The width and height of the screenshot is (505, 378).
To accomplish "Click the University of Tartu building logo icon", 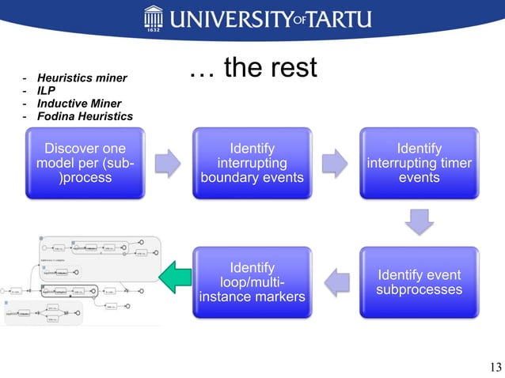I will coord(154,17).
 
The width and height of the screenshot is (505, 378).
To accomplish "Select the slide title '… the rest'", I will coord(252,70).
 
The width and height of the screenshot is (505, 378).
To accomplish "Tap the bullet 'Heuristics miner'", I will coord(82,79).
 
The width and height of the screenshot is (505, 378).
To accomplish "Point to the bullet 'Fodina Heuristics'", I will coord(85,117).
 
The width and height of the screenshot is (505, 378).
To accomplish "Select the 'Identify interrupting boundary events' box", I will coord(252,163).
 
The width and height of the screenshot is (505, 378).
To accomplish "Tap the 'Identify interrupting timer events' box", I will coord(419,163).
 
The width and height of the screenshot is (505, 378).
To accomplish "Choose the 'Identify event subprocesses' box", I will coord(419,282).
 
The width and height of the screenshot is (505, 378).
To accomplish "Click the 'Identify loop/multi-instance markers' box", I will coord(252,282).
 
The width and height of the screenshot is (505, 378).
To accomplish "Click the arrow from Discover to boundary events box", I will coord(168,163).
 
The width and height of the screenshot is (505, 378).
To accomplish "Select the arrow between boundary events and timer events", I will coord(336,163).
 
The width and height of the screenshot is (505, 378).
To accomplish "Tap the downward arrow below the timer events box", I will coord(419,223).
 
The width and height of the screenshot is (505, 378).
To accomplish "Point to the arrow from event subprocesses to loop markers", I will coord(336,282).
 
